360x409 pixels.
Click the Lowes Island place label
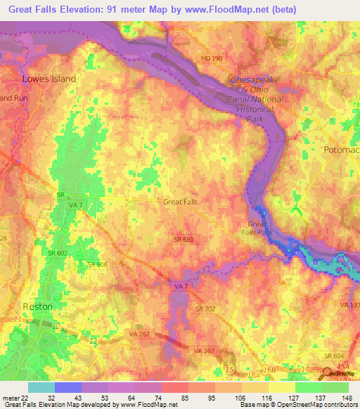tap(49, 79)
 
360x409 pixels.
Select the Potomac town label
tap(340, 150)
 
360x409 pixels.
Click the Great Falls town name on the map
tap(180, 202)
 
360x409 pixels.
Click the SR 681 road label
tap(184, 240)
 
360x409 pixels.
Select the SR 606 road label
tap(97, 264)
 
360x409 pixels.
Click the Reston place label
tap(37, 306)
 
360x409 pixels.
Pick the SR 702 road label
tap(205, 309)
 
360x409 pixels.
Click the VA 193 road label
tap(349, 305)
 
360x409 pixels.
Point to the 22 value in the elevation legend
tap(27, 398)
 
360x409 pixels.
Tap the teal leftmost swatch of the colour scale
tap(41, 387)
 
